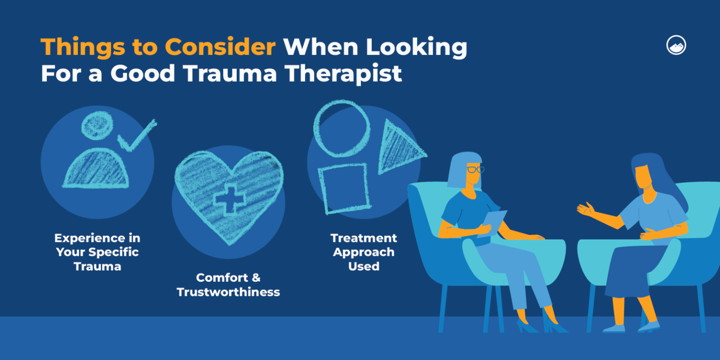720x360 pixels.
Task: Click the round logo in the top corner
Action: [676, 45]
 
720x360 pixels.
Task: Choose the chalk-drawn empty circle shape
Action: [342, 128]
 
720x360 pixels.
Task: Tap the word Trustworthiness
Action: [228, 292]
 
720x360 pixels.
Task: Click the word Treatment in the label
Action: [364, 238]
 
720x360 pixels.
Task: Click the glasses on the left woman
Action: [474, 169]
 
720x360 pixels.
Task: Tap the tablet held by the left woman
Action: [492, 223]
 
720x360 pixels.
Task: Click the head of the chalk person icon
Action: [97, 125]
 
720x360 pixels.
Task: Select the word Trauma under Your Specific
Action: [97, 266]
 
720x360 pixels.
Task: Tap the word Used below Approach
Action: [364, 266]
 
